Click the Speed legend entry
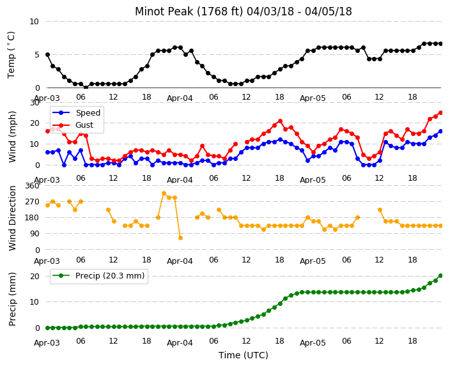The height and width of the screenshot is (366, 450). (76, 112)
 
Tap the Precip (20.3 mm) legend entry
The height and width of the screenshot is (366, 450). (98, 276)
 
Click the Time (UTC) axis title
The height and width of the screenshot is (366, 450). (244, 355)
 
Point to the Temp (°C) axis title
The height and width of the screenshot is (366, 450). (12, 55)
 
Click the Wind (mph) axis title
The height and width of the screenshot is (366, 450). (12, 137)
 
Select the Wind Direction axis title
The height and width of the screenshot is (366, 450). (12, 218)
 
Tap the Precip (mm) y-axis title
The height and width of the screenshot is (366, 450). (12, 299)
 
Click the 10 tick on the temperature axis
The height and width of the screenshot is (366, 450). (34, 22)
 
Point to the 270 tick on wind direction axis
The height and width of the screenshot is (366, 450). (32, 202)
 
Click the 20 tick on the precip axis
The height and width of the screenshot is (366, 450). (35, 276)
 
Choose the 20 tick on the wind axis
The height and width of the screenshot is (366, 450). (35, 123)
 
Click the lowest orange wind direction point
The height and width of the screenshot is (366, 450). (180, 238)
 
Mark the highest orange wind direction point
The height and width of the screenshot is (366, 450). (164, 194)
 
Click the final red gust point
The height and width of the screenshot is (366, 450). (441, 112)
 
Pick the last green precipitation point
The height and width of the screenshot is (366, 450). (441, 276)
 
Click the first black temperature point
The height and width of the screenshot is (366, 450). (48, 54)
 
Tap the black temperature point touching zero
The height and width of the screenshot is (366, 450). (86, 88)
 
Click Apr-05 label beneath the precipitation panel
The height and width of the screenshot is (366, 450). (313, 343)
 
